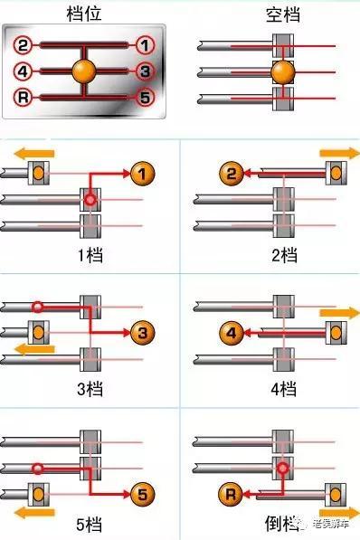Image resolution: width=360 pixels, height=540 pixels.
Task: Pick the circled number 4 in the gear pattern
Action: tap(24, 71)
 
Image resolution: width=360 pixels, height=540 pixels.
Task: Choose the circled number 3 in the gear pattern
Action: tap(145, 71)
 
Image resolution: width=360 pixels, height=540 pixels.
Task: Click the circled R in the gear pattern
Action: tap(24, 96)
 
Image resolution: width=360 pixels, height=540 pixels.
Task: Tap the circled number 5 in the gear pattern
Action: tap(145, 96)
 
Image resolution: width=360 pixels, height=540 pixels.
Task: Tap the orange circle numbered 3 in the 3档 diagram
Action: tap(142, 334)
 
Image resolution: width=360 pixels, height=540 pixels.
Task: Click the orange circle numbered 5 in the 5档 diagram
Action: tap(142, 494)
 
